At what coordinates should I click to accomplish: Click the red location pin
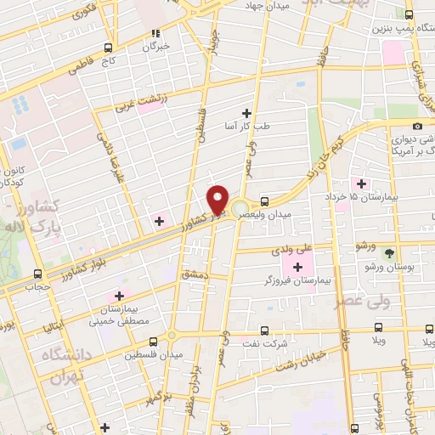[x=218, y=199]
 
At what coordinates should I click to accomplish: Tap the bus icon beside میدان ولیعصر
[x=265, y=201]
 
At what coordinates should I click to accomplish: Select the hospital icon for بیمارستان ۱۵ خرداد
[x=362, y=183]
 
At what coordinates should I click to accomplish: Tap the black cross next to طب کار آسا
[x=246, y=113]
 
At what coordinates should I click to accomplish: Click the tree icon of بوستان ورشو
[x=390, y=253]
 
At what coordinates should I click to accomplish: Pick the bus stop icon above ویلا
[x=379, y=327]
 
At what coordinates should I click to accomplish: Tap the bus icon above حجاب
[x=37, y=274]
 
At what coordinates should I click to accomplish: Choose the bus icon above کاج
[x=108, y=48]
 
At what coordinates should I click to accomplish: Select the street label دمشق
[x=195, y=276]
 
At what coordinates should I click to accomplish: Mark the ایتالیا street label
[x=53, y=327]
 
